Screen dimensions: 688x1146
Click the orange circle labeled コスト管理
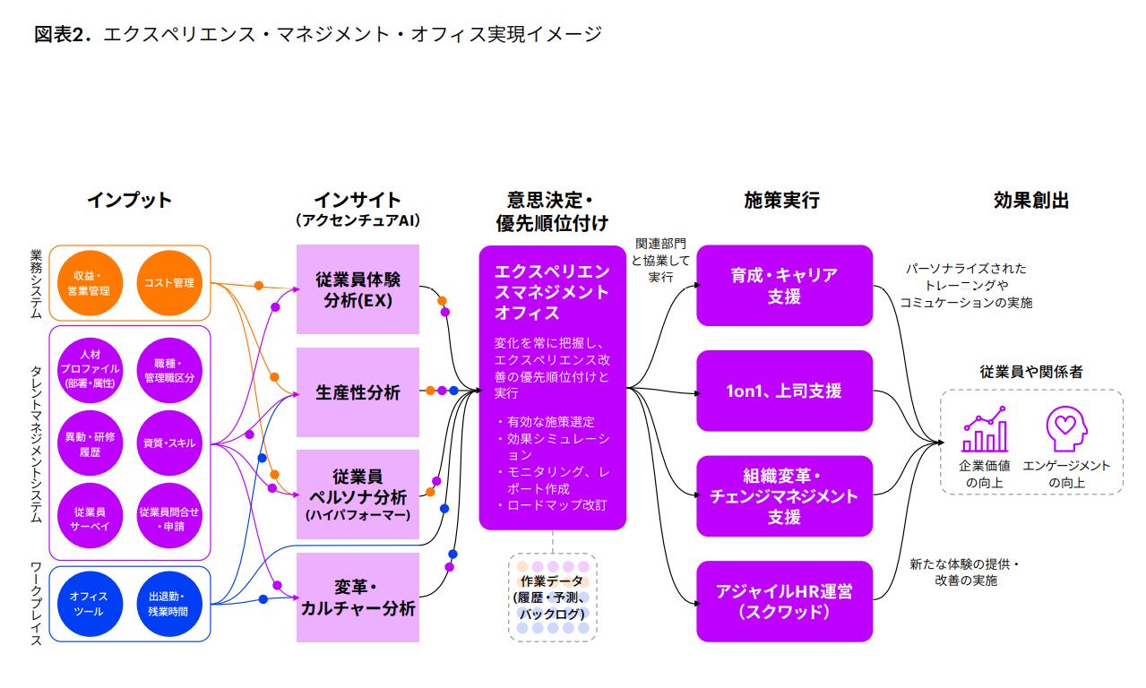click(169, 283)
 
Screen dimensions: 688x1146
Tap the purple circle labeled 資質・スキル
click(169, 443)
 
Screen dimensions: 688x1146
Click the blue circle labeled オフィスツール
click(88, 604)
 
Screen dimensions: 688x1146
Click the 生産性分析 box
click(358, 392)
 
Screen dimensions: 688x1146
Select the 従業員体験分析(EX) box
click(358, 289)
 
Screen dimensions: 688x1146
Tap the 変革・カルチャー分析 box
click(358, 598)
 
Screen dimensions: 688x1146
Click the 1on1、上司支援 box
click(784, 391)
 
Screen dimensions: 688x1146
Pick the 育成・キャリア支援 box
click(784, 285)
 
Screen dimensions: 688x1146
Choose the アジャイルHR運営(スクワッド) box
click(784, 601)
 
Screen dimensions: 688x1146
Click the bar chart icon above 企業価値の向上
click(984, 431)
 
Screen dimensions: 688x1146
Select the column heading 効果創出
click(1030, 201)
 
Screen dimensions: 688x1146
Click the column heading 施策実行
click(781, 201)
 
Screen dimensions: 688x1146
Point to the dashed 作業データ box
click(552, 597)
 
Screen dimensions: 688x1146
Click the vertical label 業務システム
click(37, 283)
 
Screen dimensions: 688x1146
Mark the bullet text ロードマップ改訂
click(556, 505)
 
